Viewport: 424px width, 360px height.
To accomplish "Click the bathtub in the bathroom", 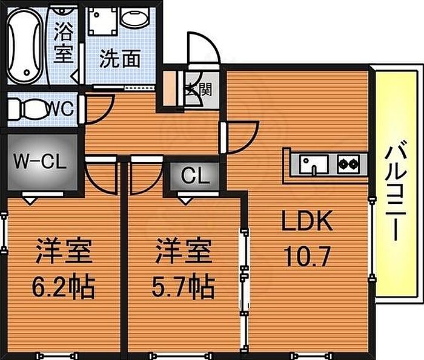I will tap(25, 45).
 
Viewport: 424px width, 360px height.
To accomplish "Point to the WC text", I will tap(61, 110).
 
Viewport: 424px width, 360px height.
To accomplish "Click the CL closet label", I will tap(196, 177).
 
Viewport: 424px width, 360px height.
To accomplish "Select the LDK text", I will tap(307, 222).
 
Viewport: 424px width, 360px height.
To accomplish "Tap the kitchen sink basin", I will tap(314, 163).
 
